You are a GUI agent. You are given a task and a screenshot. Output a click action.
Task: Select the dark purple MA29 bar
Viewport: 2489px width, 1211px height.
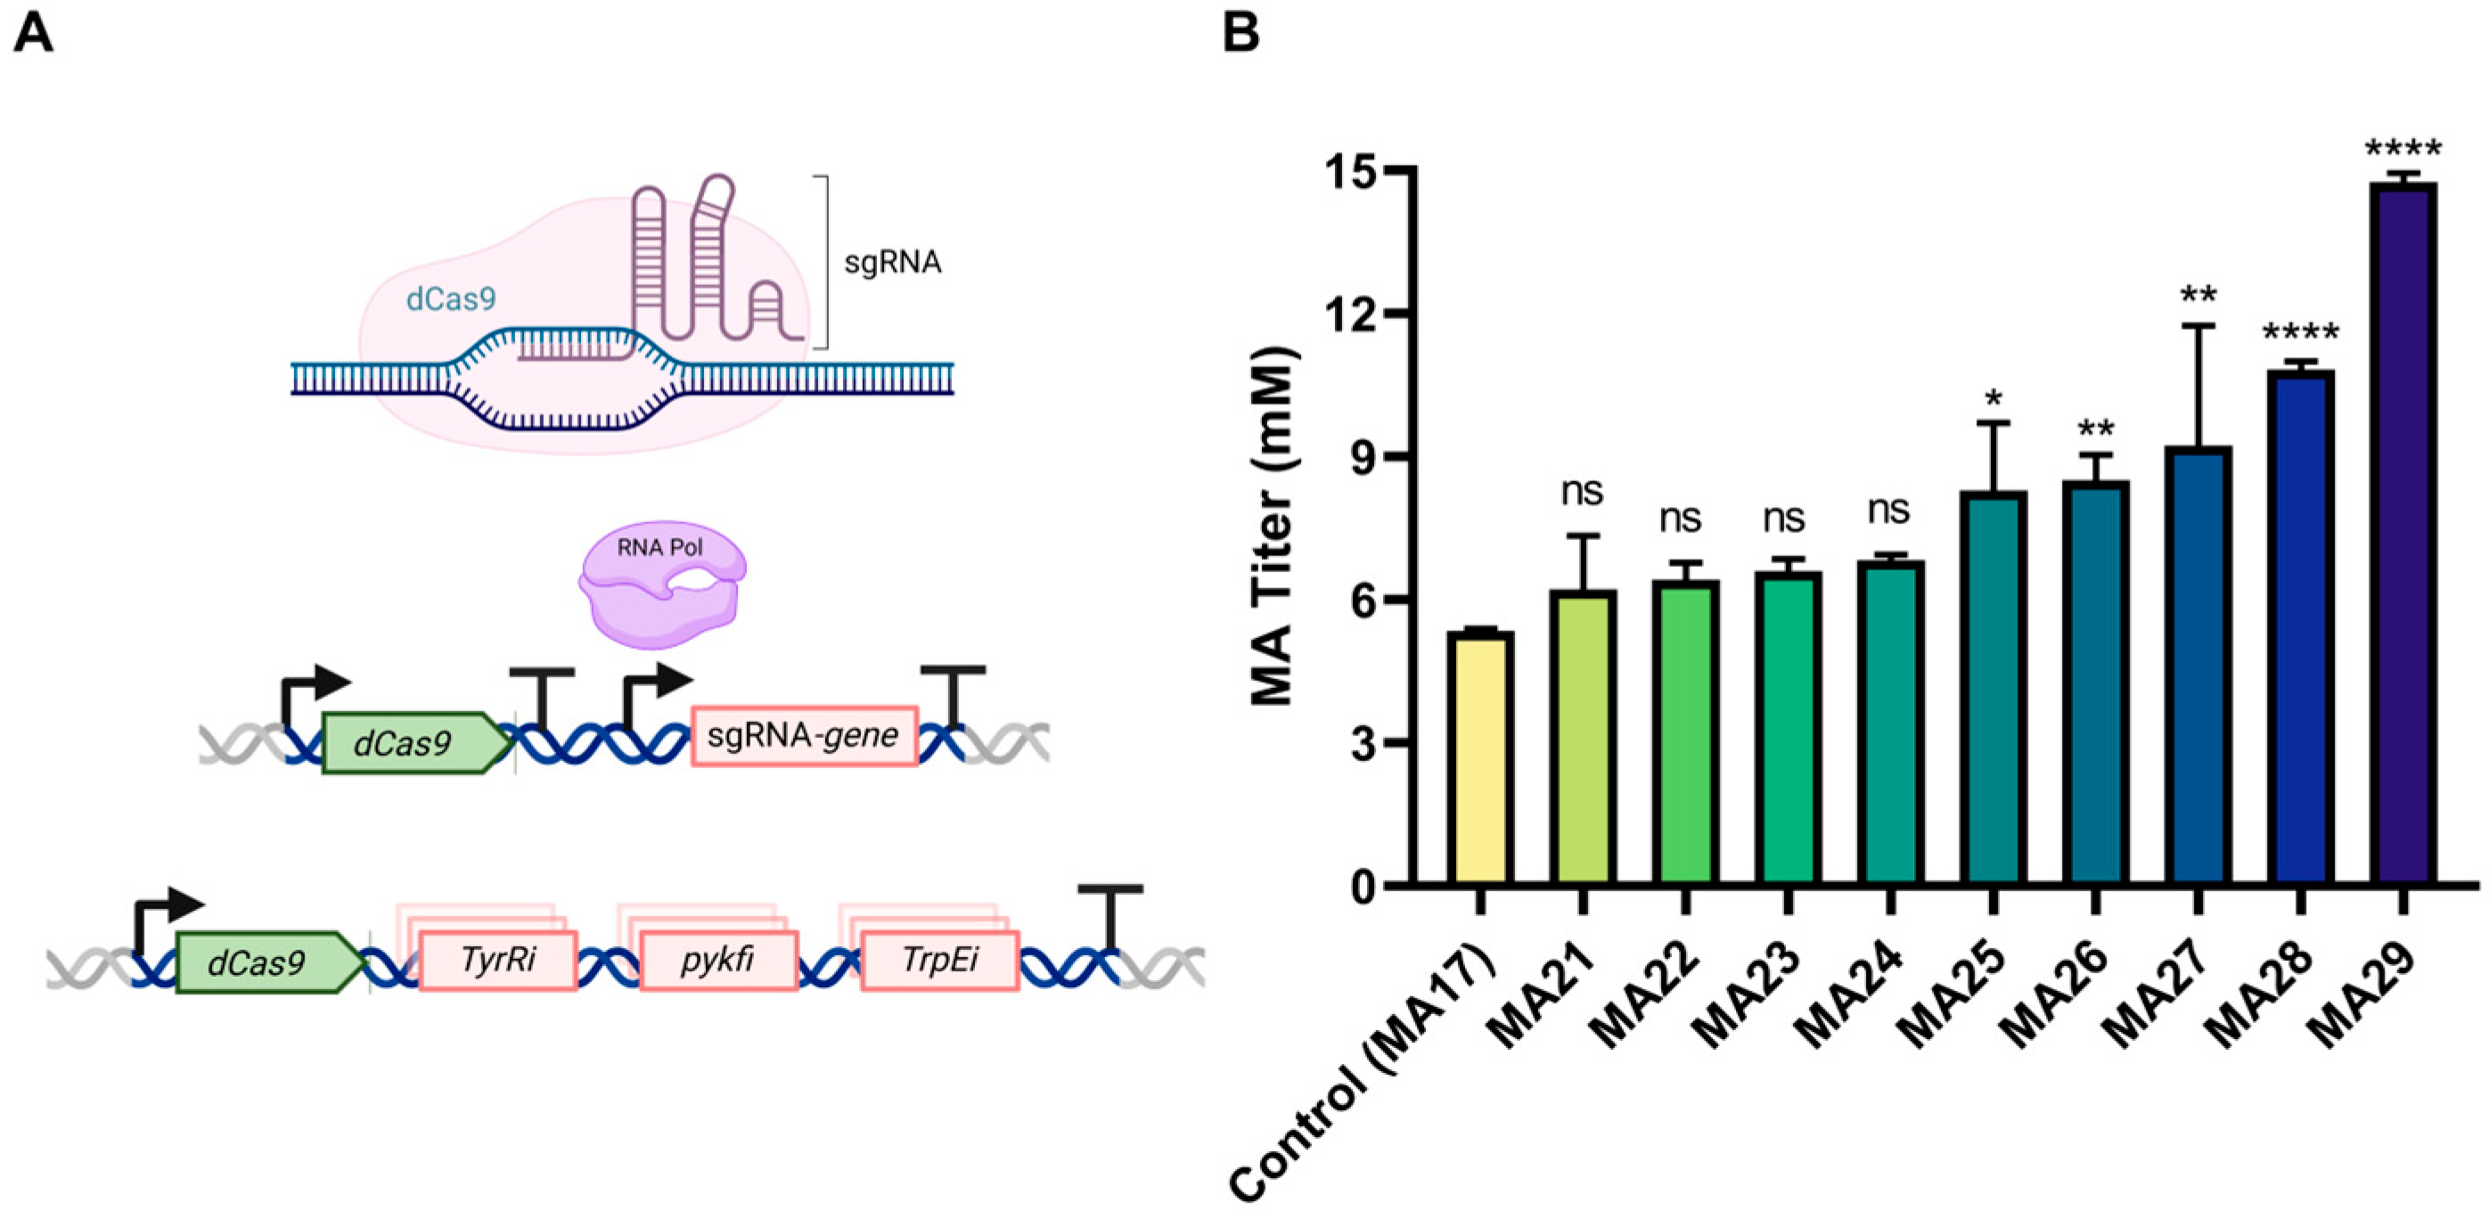click(2402, 532)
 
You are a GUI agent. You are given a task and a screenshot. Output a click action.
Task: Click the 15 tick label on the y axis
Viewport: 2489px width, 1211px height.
click(1349, 169)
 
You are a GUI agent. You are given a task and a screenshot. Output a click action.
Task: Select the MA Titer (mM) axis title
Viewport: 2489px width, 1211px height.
click(1273, 527)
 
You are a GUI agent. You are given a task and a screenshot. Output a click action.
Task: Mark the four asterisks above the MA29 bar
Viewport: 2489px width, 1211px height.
click(2402, 150)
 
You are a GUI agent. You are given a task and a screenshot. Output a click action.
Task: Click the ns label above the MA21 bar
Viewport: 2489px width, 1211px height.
click(1582, 492)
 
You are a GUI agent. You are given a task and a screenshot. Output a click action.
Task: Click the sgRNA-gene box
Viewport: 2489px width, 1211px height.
click(804, 736)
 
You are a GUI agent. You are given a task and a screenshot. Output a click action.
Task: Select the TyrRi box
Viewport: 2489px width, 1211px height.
click(497, 961)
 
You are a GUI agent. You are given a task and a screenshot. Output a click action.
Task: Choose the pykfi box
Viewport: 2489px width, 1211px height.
click(718, 961)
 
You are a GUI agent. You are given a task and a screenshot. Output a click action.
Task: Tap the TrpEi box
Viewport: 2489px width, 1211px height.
click(939, 961)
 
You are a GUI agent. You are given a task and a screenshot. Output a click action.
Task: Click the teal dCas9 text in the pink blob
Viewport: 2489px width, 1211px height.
click(450, 299)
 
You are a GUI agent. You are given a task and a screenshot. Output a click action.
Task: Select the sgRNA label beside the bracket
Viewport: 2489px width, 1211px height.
click(893, 262)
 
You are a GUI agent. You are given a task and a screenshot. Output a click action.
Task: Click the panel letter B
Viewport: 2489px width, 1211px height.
click(1240, 33)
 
